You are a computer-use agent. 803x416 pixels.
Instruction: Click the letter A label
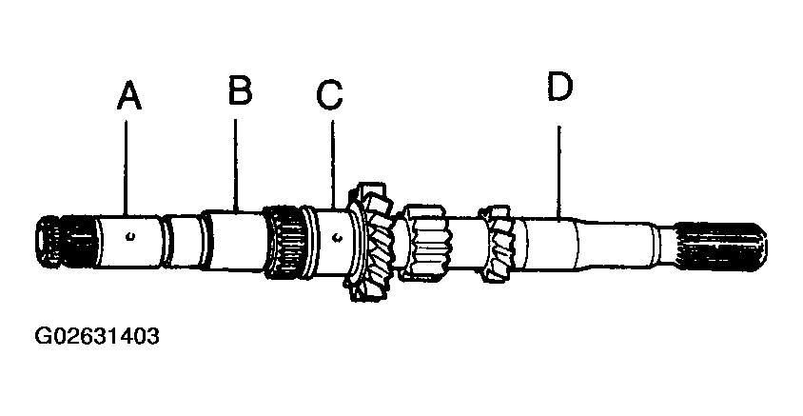click(x=129, y=96)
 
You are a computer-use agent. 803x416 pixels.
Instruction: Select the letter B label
click(x=240, y=90)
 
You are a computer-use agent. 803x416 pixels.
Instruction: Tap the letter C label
click(x=329, y=95)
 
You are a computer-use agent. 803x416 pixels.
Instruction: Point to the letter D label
click(x=559, y=86)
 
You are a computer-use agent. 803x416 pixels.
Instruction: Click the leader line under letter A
click(x=126, y=167)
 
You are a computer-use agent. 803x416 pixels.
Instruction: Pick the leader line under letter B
click(x=235, y=165)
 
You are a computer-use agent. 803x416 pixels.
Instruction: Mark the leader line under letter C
click(x=333, y=164)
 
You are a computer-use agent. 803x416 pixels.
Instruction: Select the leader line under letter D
click(x=558, y=171)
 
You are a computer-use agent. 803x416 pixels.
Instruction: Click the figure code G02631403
click(x=97, y=337)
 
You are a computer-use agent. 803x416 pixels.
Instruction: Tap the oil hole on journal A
click(x=131, y=236)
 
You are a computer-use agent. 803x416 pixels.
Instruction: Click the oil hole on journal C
click(x=337, y=237)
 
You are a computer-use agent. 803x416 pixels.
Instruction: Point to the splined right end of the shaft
click(x=720, y=247)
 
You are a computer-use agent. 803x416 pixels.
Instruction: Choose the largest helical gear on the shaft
click(x=371, y=241)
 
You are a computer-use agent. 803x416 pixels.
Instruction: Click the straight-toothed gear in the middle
click(x=424, y=243)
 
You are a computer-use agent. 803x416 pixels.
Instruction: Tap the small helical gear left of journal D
click(x=496, y=244)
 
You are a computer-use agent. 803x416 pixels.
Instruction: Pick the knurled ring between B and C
click(x=284, y=243)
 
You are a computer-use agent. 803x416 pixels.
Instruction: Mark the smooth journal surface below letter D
click(x=550, y=244)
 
